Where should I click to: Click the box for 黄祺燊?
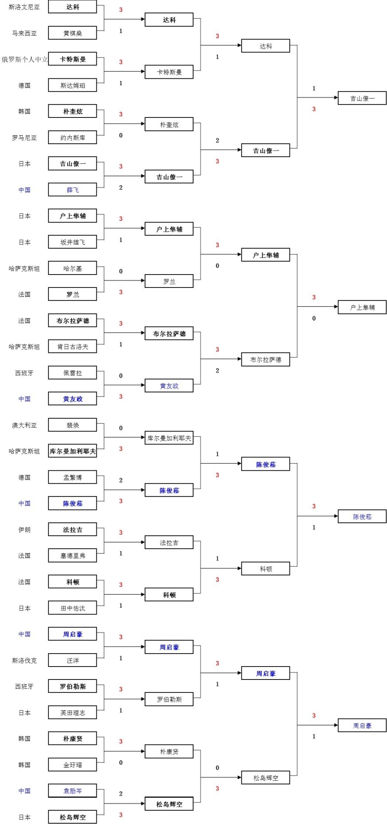[73, 33]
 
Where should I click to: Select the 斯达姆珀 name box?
[73, 85]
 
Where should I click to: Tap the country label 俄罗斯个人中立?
[25, 59]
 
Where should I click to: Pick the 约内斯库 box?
[73, 138]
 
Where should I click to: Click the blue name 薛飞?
[73, 190]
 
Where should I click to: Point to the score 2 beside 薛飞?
[121, 187]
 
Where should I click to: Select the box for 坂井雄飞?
[73, 242]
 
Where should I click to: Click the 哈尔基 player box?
[73, 268]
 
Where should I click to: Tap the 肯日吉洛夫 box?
[73, 346]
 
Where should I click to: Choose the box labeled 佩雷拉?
[73, 373]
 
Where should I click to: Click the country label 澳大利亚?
[24, 425]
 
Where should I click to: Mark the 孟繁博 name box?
[73, 477]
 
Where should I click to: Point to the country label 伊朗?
[24, 530]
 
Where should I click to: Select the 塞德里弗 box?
[73, 556]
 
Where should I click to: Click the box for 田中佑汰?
[73, 608]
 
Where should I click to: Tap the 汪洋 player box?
[73, 660]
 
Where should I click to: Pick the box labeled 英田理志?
[73, 713]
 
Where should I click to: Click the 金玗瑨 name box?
[73, 765]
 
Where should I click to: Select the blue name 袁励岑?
[73, 791]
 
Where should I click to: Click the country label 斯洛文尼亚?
[24, 7]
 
